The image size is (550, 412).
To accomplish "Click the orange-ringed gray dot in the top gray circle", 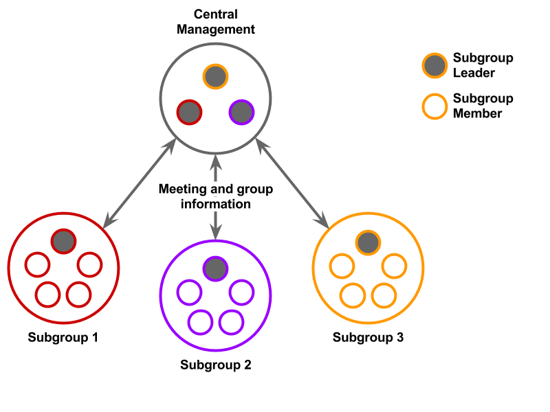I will coord(215,76).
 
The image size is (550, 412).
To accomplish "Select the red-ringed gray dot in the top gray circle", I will coord(189,113).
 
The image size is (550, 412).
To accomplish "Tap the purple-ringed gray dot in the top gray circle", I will coord(241,113).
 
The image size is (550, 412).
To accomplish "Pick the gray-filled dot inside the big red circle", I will coord(63,241).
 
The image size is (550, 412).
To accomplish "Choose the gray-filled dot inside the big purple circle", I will coord(215,268).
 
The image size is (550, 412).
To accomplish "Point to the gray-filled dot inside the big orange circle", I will coord(368,242).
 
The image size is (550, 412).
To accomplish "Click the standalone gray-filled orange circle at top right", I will coord(434,66).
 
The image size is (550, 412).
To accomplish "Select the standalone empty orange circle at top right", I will coord(434,107).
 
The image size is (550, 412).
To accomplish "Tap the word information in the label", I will coord(215,204).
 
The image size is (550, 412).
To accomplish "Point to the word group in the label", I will coord(255,190).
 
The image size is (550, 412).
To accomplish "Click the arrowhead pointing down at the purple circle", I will coord(215,232).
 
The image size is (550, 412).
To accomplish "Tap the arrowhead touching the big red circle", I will coord(109,220).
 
